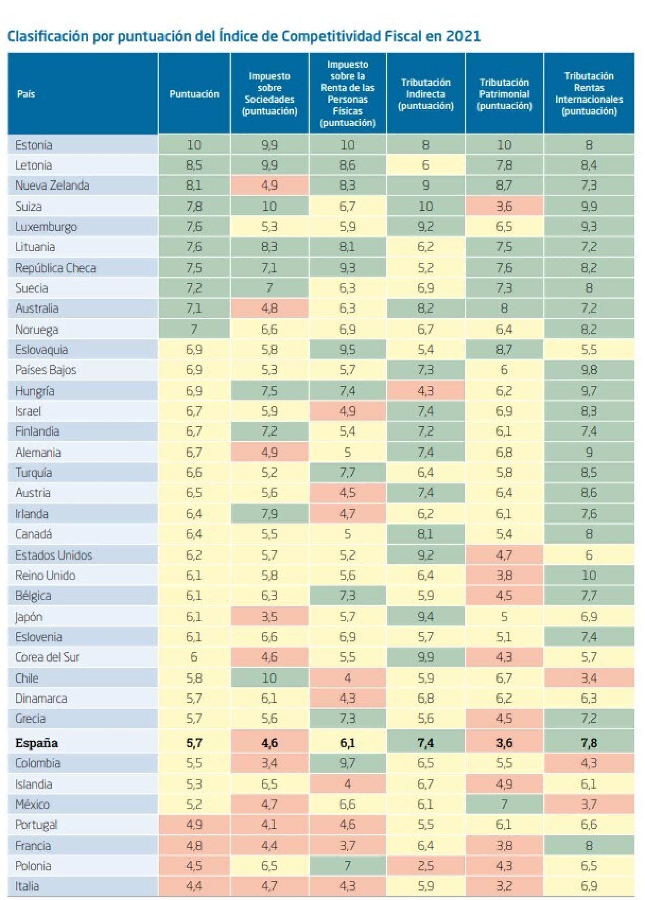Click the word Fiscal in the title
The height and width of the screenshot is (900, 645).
[x=403, y=36]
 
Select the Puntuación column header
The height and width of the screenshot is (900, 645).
[x=194, y=94]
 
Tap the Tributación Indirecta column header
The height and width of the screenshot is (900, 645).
[x=425, y=94]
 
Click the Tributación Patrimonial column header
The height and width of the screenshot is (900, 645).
[x=504, y=94]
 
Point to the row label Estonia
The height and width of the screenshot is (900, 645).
[x=34, y=145]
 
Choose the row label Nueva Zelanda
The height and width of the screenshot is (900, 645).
[x=52, y=185]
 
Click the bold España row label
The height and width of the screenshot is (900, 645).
[x=37, y=743]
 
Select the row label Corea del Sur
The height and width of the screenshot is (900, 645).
[x=47, y=657]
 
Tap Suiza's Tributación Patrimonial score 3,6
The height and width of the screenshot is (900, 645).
[x=504, y=206]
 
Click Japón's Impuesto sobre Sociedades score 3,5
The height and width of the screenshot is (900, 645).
[x=269, y=617]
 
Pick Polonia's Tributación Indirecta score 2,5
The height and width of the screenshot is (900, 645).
[x=425, y=866]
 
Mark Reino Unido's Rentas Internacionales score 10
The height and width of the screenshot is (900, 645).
[x=589, y=575]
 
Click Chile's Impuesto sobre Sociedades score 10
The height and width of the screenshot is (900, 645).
[x=269, y=678]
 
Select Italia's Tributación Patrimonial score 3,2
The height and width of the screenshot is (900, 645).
[x=504, y=886]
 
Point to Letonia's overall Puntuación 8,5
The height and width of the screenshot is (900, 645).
[x=194, y=165]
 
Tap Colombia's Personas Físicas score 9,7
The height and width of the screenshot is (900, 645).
[x=347, y=763]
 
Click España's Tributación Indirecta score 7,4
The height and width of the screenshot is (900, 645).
[x=425, y=743]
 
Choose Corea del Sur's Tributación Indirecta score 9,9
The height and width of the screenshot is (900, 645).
[x=425, y=657]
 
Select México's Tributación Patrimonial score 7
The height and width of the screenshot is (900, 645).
[x=504, y=804]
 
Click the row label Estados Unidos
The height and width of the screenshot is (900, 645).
[x=54, y=555]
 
